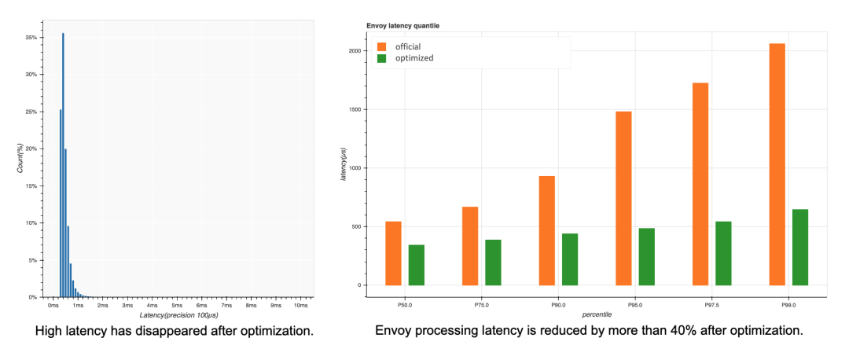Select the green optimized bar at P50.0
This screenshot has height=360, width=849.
(417, 265)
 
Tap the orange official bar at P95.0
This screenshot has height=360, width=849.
(623, 198)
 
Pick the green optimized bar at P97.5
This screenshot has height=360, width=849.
(723, 253)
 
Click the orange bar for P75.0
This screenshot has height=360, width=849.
(470, 245)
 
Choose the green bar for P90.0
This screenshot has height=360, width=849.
(570, 259)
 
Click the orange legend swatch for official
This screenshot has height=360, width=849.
(382, 46)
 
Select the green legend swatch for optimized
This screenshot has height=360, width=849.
(382, 58)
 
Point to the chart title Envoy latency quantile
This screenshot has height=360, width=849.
(402, 26)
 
